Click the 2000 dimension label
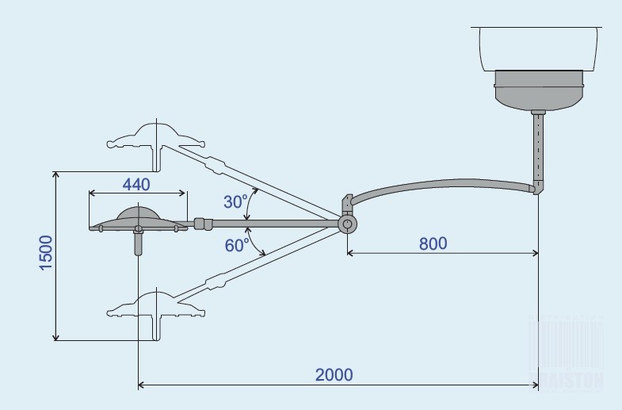(x=333, y=374)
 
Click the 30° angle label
(x=235, y=201)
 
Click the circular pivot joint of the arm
(x=347, y=224)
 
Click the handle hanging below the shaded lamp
(x=139, y=242)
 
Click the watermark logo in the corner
(x=567, y=357)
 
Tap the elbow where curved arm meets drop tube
(x=539, y=188)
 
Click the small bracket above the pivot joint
(x=346, y=205)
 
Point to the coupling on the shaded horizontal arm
(x=202, y=224)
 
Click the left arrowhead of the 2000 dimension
(x=141, y=386)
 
